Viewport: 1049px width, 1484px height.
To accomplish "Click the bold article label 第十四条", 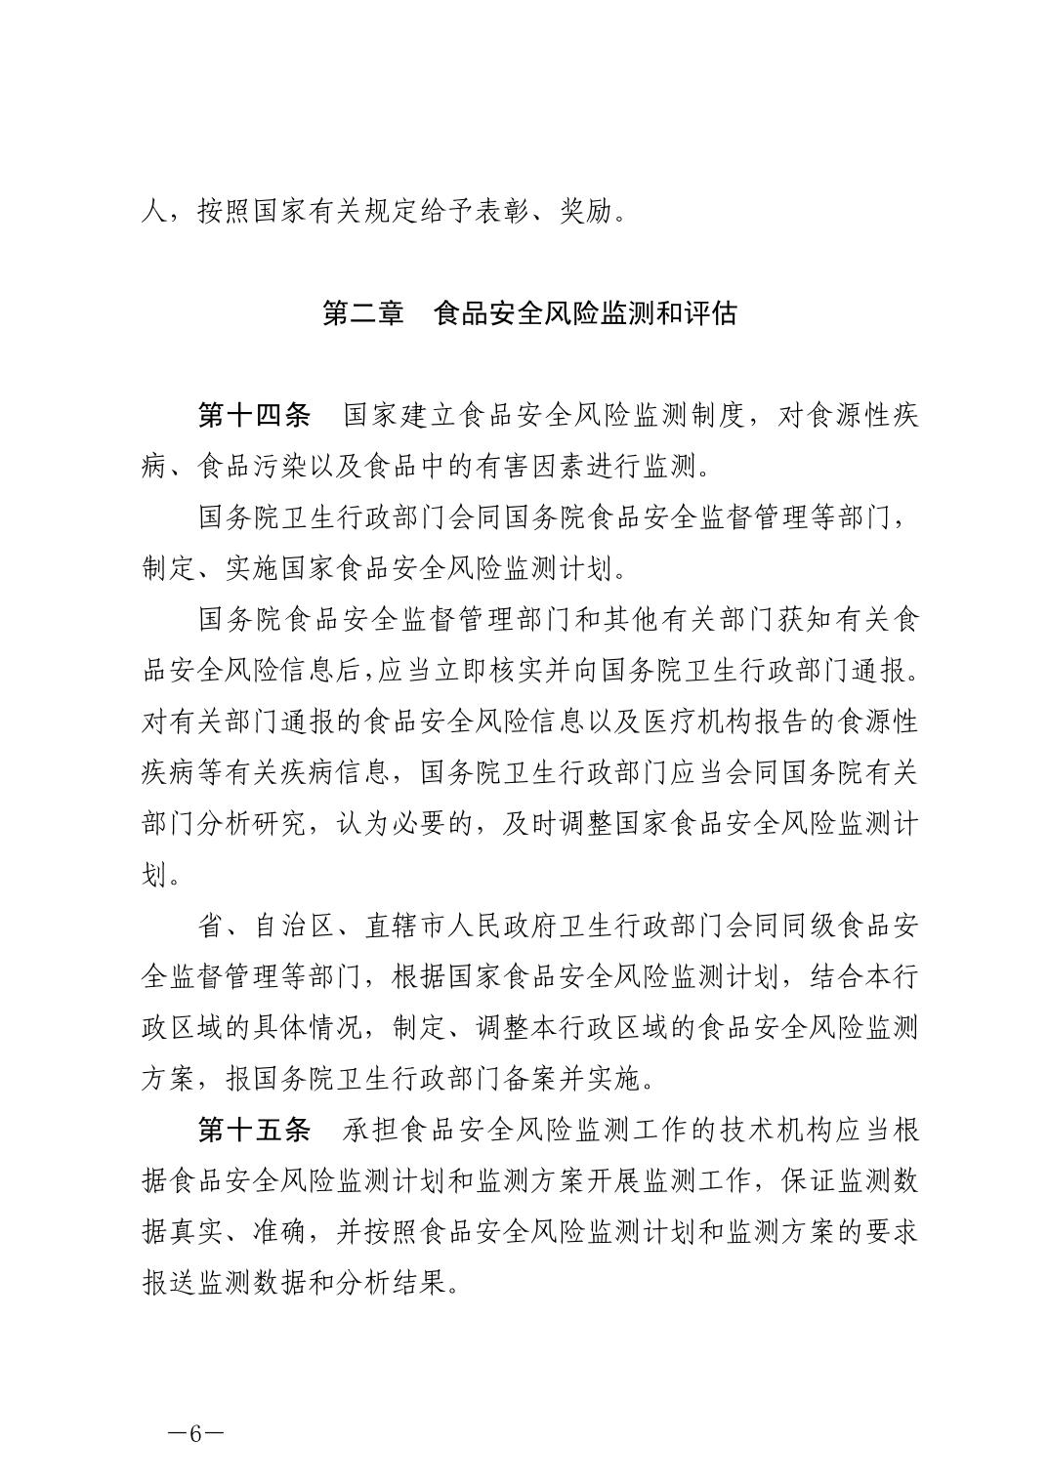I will click(254, 415).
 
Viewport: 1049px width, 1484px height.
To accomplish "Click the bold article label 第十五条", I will click(254, 1132).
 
